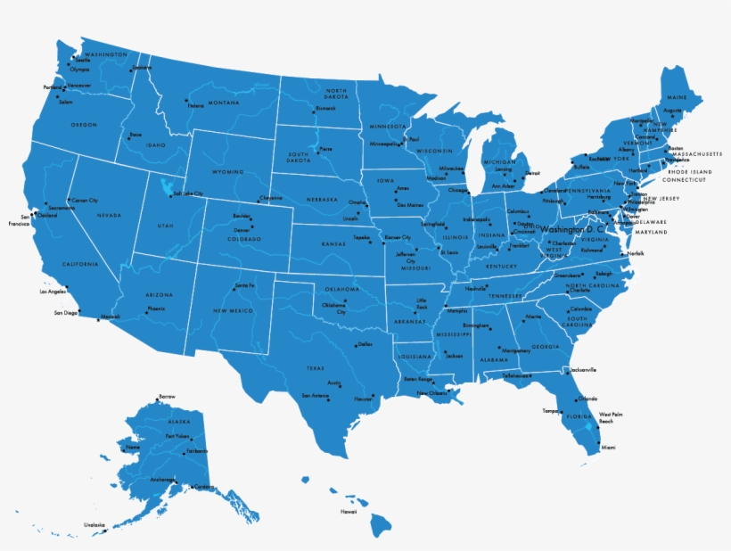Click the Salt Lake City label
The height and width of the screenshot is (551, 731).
click(x=189, y=193)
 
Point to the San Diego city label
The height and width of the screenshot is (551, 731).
click(x=66, y=313)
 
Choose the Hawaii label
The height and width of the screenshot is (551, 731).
click(x=348, y=512)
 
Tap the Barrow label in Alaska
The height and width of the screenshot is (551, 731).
click(x=167, y=396)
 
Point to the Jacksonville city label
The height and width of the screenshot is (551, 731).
click(x=583, y=370)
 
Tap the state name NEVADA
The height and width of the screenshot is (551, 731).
click(x=109, y=215)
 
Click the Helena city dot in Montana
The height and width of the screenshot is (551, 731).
click(x=185, y=100)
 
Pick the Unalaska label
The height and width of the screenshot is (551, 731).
click(x=94, y=524)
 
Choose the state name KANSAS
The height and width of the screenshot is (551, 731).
click(x=333, y=243)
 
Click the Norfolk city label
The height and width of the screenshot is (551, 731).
click(x=635, y=254)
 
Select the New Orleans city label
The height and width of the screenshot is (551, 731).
click(x=432, y=393)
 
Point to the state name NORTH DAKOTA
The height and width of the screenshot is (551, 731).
click(x=336, y=95)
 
